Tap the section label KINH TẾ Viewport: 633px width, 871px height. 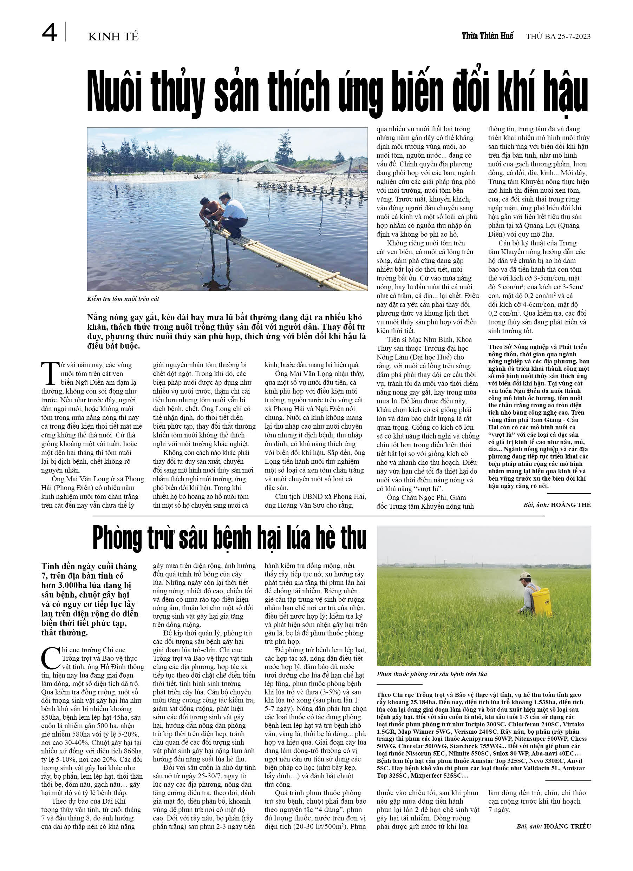[x=113, y=37]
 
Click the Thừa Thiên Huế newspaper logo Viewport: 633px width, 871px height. [x=487, y=36]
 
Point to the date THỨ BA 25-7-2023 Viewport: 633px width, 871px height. [x=558, y=37]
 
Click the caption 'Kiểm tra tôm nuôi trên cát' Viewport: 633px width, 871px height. [x=123, y=299]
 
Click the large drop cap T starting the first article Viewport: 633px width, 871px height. [x=50, y=373]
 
